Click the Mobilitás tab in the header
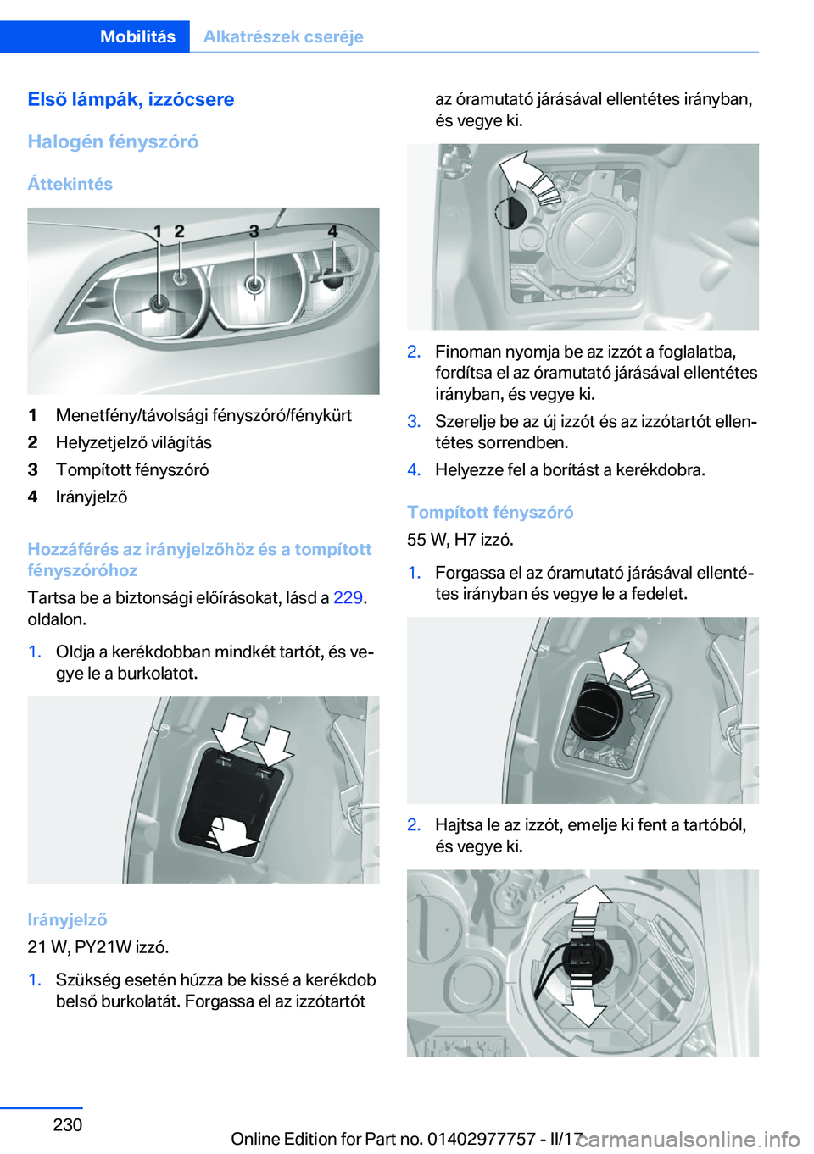coord(137,36)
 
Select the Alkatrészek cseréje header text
coord(283,36)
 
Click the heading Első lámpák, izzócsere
coord(131,99)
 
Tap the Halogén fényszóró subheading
coord(113,141)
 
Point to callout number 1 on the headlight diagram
coord(158,230)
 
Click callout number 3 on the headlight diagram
coord(254,230)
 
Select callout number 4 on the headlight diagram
coord(332,230)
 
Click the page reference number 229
coord(348,597)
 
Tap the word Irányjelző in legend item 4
coord(92,497)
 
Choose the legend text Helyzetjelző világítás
coord(134,442)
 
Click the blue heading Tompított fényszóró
coord(490,512)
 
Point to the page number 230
coord(68,1124)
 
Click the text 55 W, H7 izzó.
coord(460,539)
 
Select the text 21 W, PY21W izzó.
coord(98,946)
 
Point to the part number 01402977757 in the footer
coord(481,1139)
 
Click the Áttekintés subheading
coord(70,184)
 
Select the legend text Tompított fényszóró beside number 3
coord(132,469)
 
